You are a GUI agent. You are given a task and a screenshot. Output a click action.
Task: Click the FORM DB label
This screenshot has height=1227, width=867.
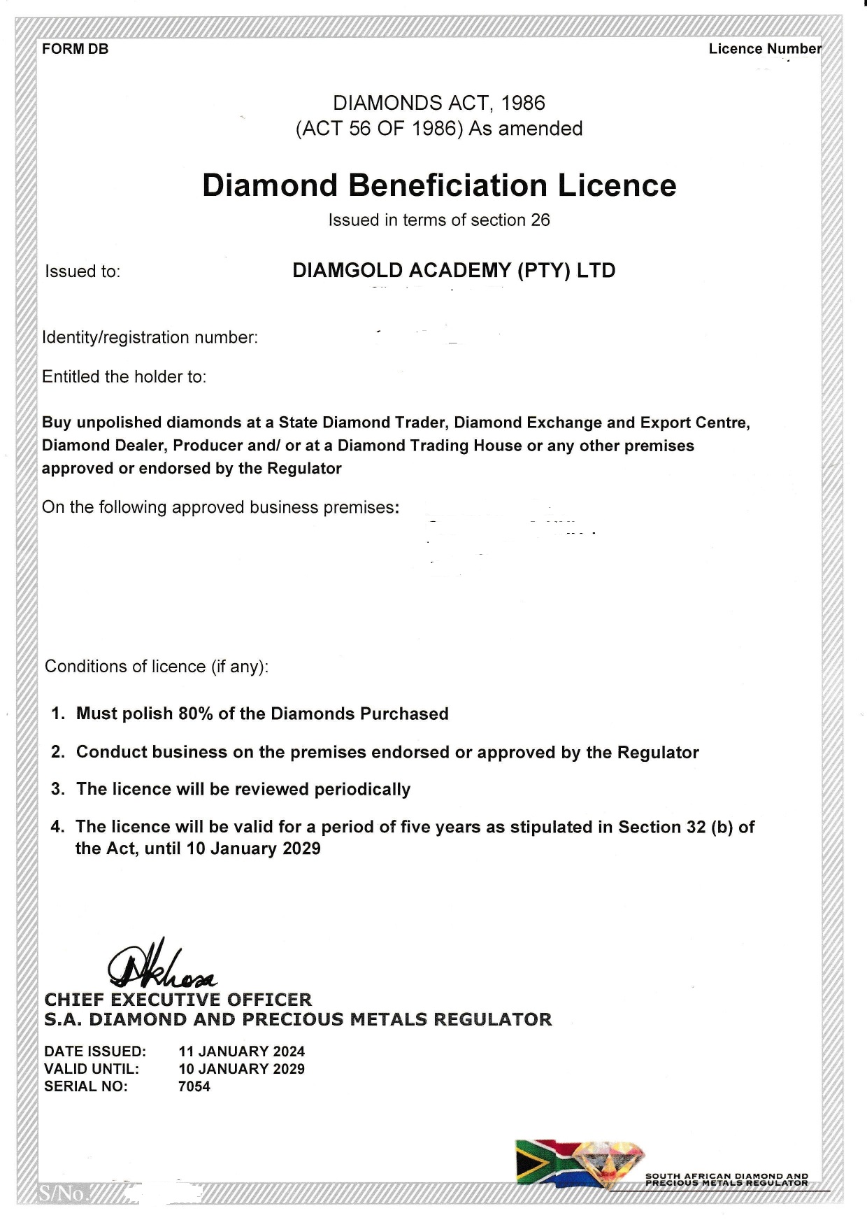[x=76, y=49]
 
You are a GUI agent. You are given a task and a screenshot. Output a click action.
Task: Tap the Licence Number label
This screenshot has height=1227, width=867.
[x=765, y=49]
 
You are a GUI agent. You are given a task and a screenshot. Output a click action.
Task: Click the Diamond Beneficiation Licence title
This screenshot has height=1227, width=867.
[x=439, y=185]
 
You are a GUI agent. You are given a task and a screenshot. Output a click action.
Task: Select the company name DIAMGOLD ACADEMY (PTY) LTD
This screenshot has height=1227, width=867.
[x=454, y=271]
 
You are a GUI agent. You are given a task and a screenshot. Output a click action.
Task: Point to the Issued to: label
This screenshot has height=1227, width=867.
[x=83, y=271]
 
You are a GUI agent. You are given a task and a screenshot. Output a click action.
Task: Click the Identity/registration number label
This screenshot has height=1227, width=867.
[x=150, y=337]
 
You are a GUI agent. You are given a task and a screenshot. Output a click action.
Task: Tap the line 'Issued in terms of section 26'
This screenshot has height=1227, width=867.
[x=439, y=220]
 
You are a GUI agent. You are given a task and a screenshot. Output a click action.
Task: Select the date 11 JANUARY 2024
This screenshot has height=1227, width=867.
[x=242, y=1051]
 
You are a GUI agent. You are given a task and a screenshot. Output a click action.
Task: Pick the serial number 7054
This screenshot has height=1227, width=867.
[x=194, y=1086]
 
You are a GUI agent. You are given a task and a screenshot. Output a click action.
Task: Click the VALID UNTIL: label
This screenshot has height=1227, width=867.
[x=92, y=1069]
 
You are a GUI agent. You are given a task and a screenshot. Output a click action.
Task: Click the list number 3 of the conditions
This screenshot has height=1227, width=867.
[x=58, y=790]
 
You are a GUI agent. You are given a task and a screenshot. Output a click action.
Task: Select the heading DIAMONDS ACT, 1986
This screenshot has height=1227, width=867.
[x=439, y=103]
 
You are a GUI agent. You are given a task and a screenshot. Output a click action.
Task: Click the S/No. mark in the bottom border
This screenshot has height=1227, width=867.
[x=63, y=1193]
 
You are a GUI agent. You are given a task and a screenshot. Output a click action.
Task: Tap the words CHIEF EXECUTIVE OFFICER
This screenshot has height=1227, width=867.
[x=178, y=1000]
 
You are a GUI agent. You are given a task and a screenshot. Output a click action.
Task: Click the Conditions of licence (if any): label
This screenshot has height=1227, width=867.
[x=157, y=667]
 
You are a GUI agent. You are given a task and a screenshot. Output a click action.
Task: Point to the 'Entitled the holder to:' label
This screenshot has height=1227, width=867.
[x=124, y=377]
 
